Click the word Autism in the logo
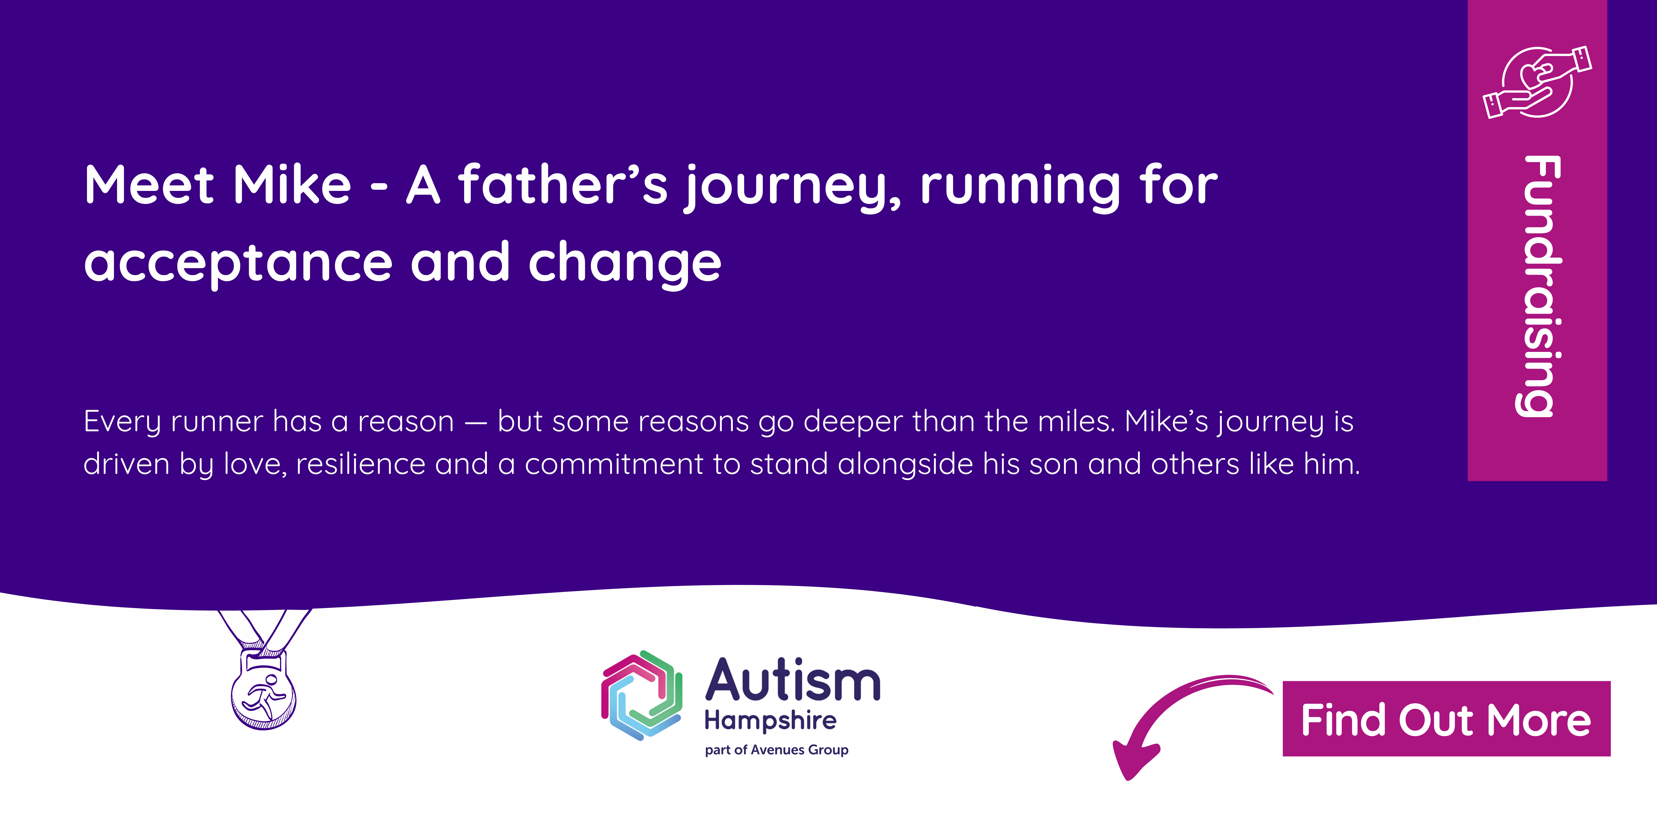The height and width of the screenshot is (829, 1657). [793, 681]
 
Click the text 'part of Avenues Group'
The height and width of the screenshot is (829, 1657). [776, 750]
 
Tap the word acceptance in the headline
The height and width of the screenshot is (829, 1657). [238, 263]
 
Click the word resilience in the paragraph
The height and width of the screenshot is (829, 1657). [360, 464]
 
